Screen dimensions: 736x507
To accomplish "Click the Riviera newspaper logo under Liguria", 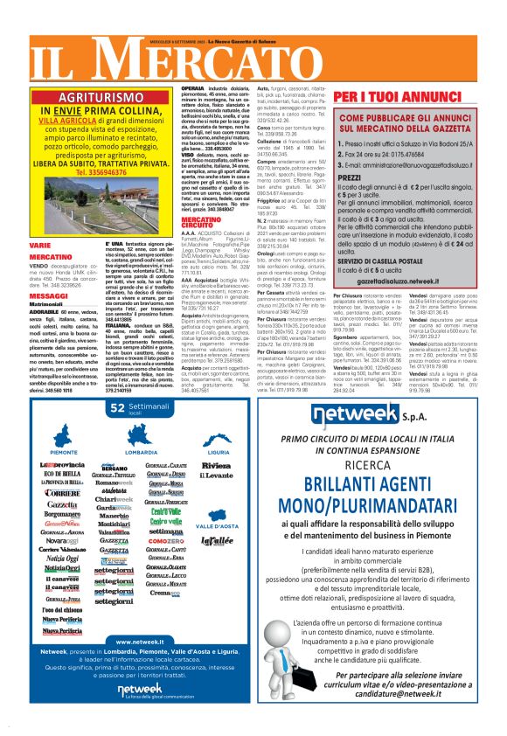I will (216, 467).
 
